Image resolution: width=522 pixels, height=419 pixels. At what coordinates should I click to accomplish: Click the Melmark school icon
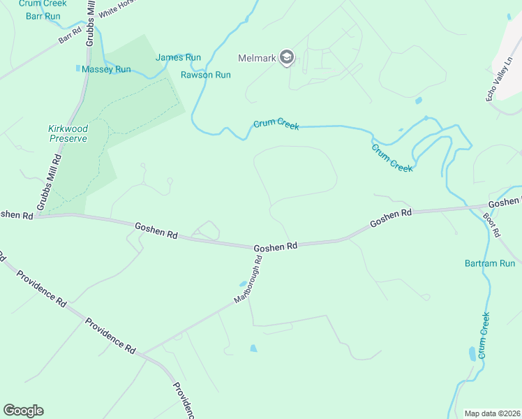(286, 57)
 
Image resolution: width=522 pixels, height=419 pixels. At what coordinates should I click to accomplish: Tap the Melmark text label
(257, 58)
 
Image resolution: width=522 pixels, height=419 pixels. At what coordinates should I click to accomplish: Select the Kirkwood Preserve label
(68, 133)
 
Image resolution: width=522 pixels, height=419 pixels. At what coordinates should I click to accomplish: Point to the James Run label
(178, 58)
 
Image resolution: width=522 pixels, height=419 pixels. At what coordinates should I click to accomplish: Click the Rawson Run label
(205, 75)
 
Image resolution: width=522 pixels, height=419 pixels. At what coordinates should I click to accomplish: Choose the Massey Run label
(106, 69)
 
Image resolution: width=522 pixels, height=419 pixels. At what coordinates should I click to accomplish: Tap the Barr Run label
(43, 16)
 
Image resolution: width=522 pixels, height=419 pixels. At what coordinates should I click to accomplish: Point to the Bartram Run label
(489, 263)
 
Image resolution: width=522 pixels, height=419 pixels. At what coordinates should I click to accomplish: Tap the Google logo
(23, 411)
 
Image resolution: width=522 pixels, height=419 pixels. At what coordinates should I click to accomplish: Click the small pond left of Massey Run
(77, 68)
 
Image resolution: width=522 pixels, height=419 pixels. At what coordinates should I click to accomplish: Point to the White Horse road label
(116, 8)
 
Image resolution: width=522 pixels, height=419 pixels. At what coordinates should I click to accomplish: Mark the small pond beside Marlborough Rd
(242, 284)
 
